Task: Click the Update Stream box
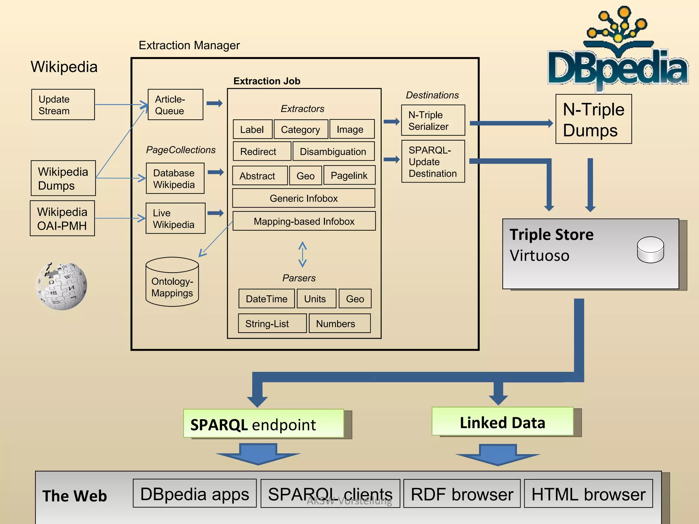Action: pyautogui.click(x=63, y=105)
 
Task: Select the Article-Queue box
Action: pyautogui.click(x=175, y=105)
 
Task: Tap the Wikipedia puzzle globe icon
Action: pyautogui.click(x=61, y=286)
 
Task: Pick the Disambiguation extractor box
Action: pyautogui.click(x=333, y=151)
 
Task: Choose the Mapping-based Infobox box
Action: pyautogui.click(x=304, y=221)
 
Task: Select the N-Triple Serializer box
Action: pyautogui.click(x=433, y=120)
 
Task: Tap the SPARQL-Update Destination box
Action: pyautogui.click(x=433, y=161)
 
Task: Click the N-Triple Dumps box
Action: pyautogui.click(x=593, y=119)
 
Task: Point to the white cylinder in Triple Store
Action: pyautogui.click(x=650, y=250)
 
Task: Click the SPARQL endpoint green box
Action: pyautogui.click(x=263, y=424)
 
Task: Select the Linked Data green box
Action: pyautogui.click(x=502, y=422)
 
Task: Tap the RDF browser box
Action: pyautogui.click(x=461, y=494)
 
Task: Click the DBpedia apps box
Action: pyautogui.click(x=195, y=493)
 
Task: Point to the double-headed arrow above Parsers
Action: pyautogui.click(x=302, y=254)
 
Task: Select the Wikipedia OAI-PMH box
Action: pyautogui.click(x=62, y=218)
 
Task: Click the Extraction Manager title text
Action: pyautogui.click(x=189, y=45)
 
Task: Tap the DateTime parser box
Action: pyautogui.click(x=266, y=299)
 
